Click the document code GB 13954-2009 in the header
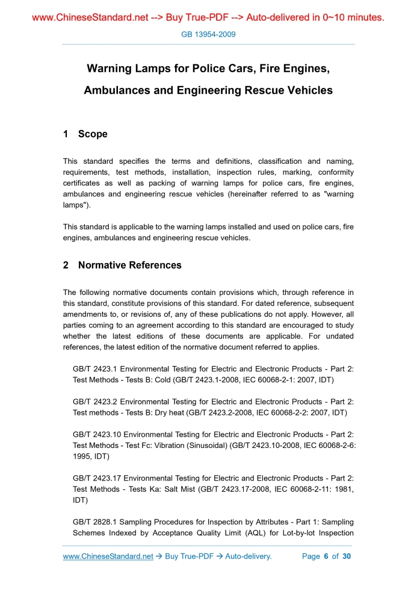(x=208, y=34)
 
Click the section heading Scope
(x=93, y=134)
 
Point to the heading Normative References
(x=129, y=265)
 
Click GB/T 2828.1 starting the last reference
(x=95, y=521)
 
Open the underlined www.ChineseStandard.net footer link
(x=108, y=556)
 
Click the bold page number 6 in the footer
(x=326, y=556)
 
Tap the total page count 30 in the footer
(x=346, y=556)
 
